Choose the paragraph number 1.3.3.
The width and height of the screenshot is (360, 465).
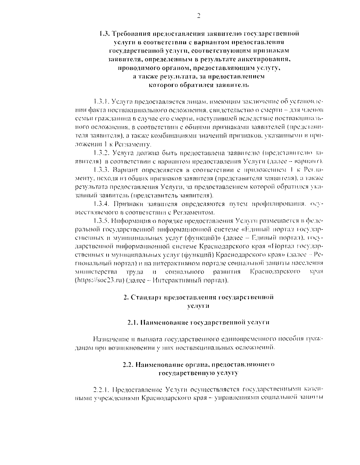pyautogui.click(x=101, y=170)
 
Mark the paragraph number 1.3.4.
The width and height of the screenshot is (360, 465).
pyautogui.click(x=101, y=204)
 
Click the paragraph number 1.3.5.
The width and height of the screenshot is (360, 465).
pyautogui.click(x=101, y=221)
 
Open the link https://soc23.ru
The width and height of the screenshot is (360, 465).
pyautogui.click(x=98, y=281)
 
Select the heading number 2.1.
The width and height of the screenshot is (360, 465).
pyautogui.click(x=132, y=323)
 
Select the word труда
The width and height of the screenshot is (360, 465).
pyautogui.click(x=132, y=272)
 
